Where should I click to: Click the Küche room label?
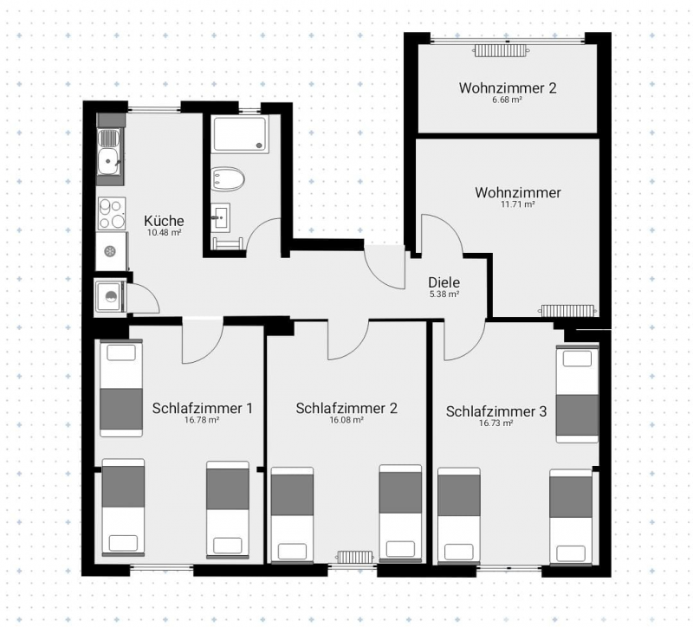164,221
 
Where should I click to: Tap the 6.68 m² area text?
508,100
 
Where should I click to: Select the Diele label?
444,282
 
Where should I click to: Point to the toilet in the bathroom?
227,179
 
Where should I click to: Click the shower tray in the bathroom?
240,134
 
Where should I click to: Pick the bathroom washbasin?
220,217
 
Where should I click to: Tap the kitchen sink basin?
107,161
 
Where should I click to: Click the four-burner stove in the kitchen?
111,213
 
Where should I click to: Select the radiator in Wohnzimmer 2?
501,50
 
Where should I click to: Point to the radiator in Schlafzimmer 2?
354,556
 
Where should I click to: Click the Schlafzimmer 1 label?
203,408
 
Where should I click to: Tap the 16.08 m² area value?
346,420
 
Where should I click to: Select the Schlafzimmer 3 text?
496,411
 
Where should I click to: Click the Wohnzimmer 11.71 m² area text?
518,204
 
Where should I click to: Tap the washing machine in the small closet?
109,295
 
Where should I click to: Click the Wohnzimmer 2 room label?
508,88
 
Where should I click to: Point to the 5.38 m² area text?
444,294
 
